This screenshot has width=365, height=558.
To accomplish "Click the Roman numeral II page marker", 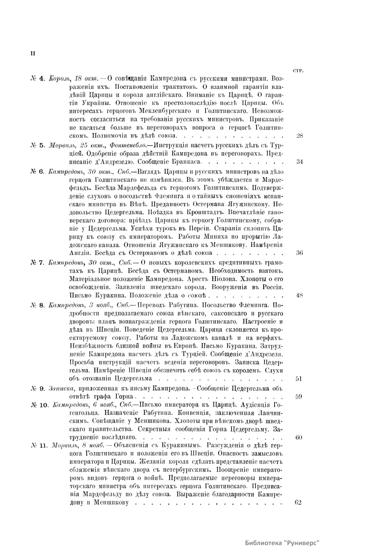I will [x=33, y=53].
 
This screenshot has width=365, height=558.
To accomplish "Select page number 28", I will [x=300, y=136].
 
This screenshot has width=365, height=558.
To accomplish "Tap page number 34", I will [x=300, y=161].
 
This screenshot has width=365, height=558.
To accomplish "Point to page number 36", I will [x=299, y=253].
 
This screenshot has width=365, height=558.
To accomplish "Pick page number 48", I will [x=299, y=295].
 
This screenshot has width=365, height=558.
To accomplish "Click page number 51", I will [x=299, y=379].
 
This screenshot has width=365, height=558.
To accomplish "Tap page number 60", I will [x=299, y=437].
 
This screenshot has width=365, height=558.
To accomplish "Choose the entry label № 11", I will [x=40, y=446].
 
